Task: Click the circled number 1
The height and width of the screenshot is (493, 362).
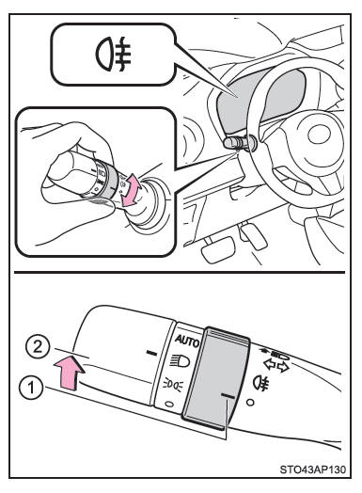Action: click(31, 389)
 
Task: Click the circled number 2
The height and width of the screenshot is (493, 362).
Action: click(38, 348)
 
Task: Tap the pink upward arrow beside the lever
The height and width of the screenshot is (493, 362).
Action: click(70, 372)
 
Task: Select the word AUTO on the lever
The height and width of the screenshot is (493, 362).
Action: click(187, 341)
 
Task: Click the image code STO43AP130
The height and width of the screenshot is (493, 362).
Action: click(313, 469)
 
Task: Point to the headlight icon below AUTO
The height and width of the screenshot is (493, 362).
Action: click(180, 361)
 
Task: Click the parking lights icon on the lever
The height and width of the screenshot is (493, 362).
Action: click(173, 385)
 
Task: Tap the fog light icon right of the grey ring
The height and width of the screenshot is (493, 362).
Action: click(261, 383)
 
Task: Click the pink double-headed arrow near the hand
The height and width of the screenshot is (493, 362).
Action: click(132, 190)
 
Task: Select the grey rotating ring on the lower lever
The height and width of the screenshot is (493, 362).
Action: click(216, 378)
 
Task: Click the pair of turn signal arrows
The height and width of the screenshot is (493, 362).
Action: click(276, 366)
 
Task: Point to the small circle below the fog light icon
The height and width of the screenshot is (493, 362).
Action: click(250, 402)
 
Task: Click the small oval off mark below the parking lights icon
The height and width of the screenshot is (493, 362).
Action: click(169, 404)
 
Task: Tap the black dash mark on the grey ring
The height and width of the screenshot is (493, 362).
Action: click(228, 396)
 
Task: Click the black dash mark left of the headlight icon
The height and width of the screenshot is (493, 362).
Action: click(152, 353)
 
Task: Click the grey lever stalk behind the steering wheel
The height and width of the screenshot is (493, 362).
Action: click(238, 143)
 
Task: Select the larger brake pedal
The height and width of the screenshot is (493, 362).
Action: click(218, 248)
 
